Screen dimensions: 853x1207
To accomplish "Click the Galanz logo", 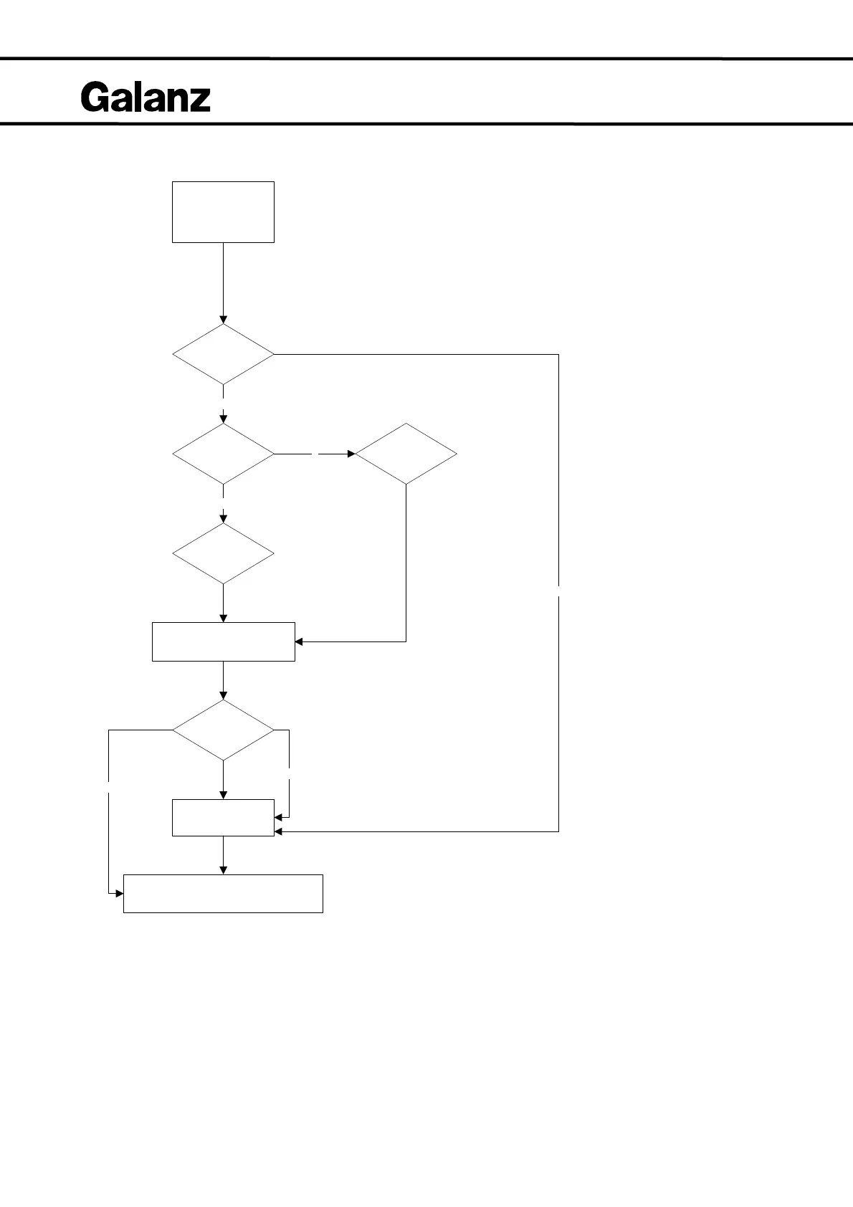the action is click(x=146, y=97).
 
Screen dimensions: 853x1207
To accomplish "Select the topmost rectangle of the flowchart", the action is click(x=223, y=212).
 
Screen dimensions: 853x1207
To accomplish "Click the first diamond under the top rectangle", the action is click(x=223, y=354).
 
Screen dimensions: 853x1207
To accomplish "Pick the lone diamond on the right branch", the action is click(x=406, y=454).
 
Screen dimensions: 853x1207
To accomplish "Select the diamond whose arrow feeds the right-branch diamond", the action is click(x=223, y=454).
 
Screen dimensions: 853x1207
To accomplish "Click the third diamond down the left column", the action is click(x=223, y=553).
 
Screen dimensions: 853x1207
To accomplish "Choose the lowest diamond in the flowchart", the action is click(x=223, y=730).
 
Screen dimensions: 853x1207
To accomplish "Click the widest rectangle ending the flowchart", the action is click(x=223, y=893).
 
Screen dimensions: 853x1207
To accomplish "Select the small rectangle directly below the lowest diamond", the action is click(x=223, y=817).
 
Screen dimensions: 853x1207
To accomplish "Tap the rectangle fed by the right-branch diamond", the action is click(x=223, y=641).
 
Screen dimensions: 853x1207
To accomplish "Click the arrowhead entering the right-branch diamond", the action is click(x=351, y=454).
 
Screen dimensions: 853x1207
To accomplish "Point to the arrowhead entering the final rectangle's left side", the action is click(x=119, y=894).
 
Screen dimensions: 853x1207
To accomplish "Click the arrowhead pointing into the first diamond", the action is click(x=223, y=320).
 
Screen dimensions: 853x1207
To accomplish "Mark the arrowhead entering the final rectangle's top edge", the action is click(x=223, y=870).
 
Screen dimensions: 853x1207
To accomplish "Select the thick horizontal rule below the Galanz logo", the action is click(x=426, y=124).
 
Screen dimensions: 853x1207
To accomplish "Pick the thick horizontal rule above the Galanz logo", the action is click(x=426, y=58).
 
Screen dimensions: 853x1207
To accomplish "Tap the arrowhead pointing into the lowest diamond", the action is click(x=223, y=695).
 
